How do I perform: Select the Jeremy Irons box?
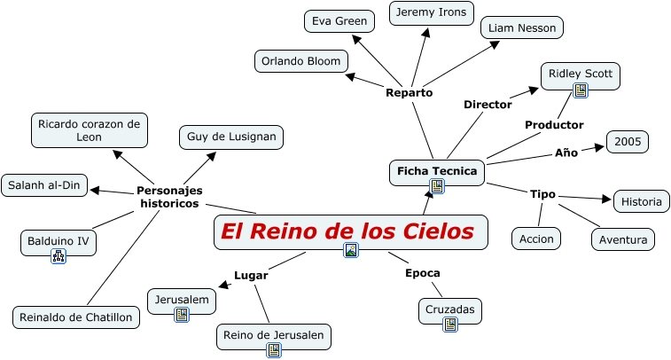click(x=432, y=13)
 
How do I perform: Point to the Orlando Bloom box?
click(x=300, y=61)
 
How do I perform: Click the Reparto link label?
click(x=410, y=92)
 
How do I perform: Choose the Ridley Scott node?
click(x=580, y=73)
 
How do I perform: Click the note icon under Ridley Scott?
click(x=581, y=90)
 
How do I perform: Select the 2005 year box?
click(x=628, y=142)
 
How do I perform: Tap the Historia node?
click(x=641, y=201)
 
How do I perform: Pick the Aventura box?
click(x=623, y=239)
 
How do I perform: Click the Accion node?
click(x=537, y=239)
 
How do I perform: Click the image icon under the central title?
click(x=351, y=250)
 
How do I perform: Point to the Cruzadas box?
click(x=450, y=309)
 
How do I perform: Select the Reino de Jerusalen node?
click(x=275, y=335)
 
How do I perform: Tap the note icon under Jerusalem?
click(x=182, y=315)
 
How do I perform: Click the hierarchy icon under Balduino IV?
click(x=59, y=257)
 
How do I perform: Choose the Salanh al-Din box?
click(x=45, y=185)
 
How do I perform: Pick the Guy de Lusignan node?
click(x=231, y=137)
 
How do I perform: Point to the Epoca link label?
click(x=423, y=273)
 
